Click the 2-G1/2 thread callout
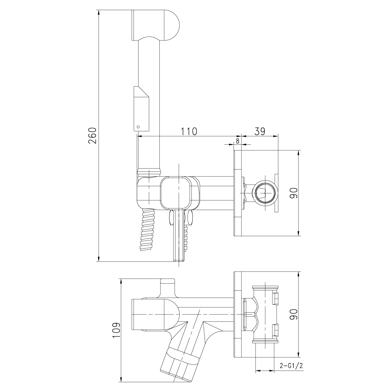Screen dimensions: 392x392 (292, 366)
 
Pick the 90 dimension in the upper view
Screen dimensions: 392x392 (293, 193)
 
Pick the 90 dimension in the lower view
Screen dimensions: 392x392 (293, 314)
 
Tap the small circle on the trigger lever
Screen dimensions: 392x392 (138, 126)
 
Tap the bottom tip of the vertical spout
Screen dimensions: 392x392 (179, 260)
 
